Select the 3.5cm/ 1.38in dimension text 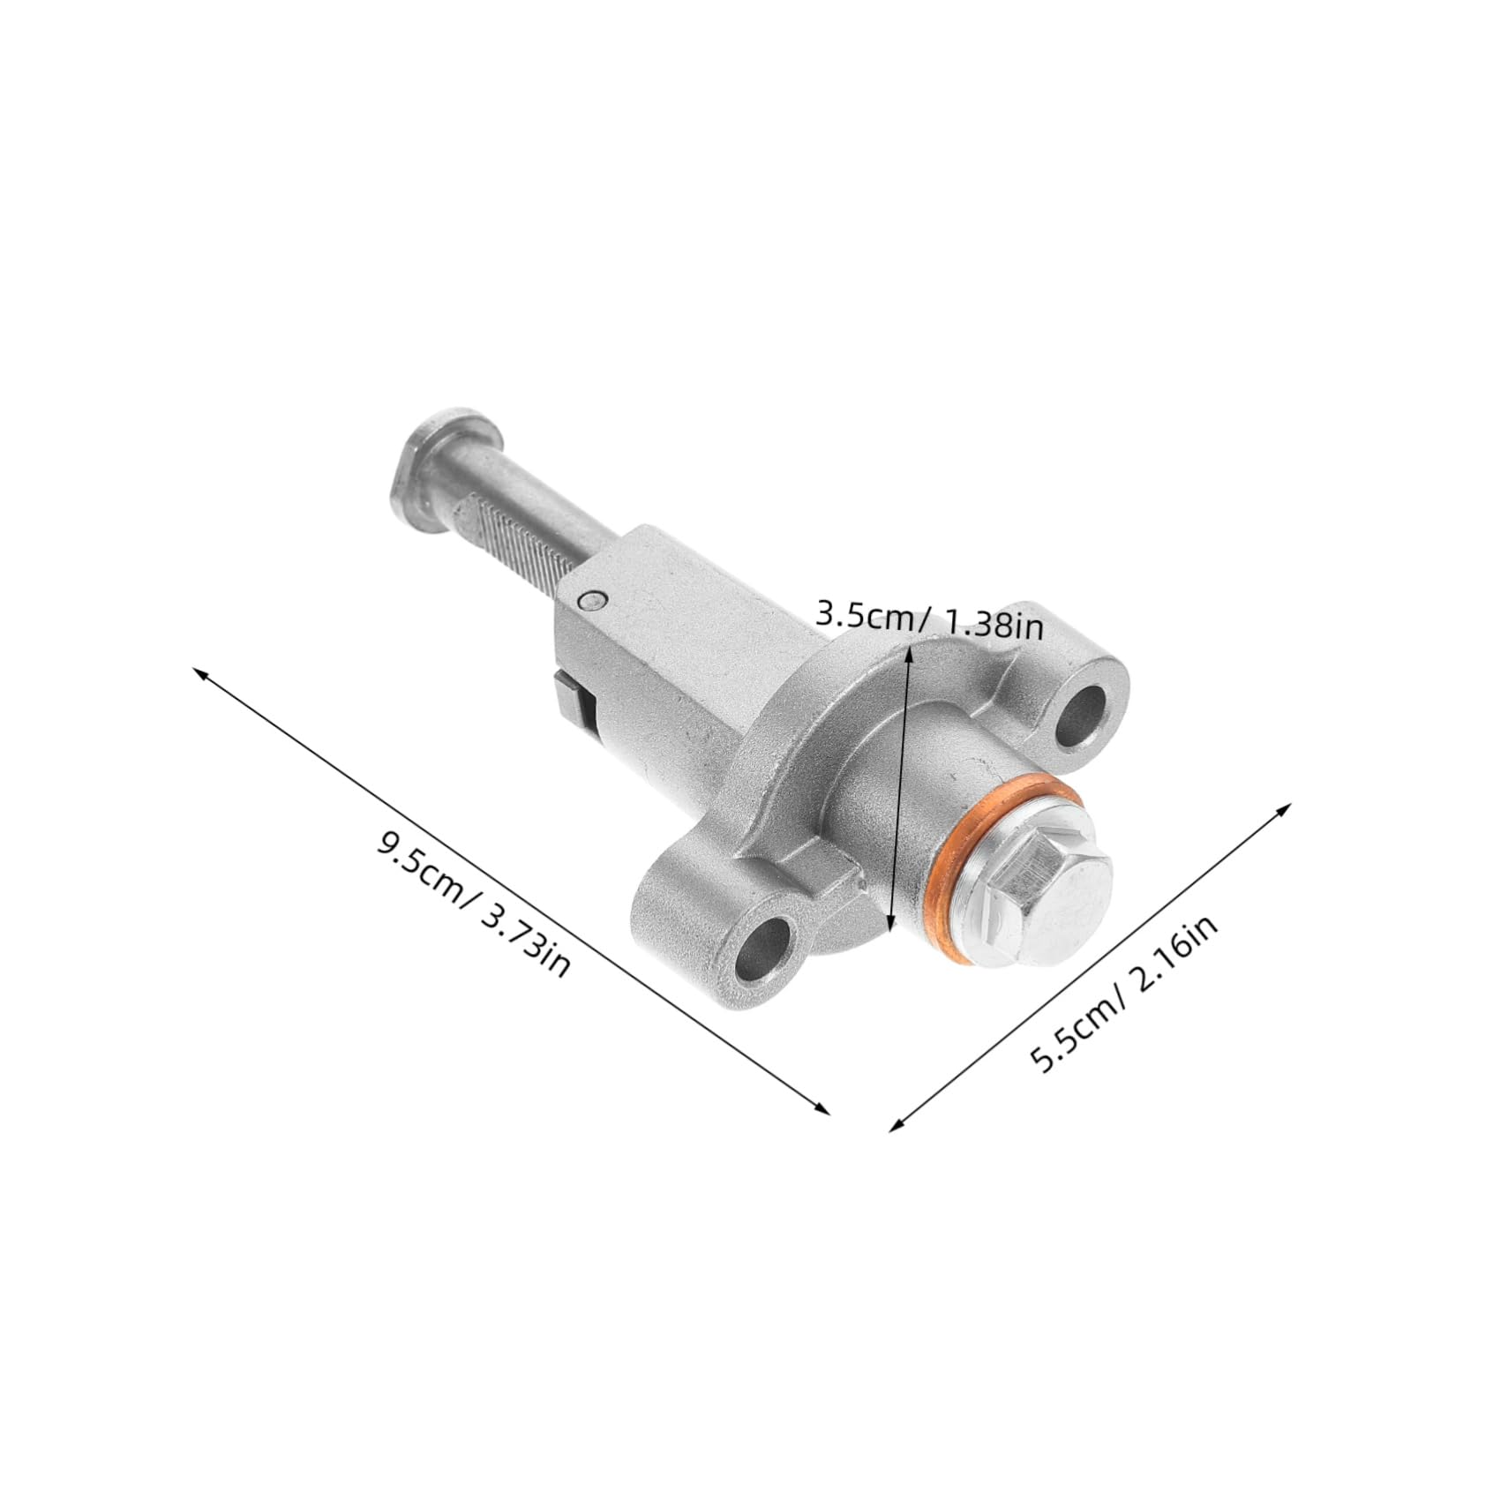click(929, 619)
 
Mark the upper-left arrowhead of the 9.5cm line click(199, 672)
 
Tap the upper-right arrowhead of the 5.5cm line click(1286, 807)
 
